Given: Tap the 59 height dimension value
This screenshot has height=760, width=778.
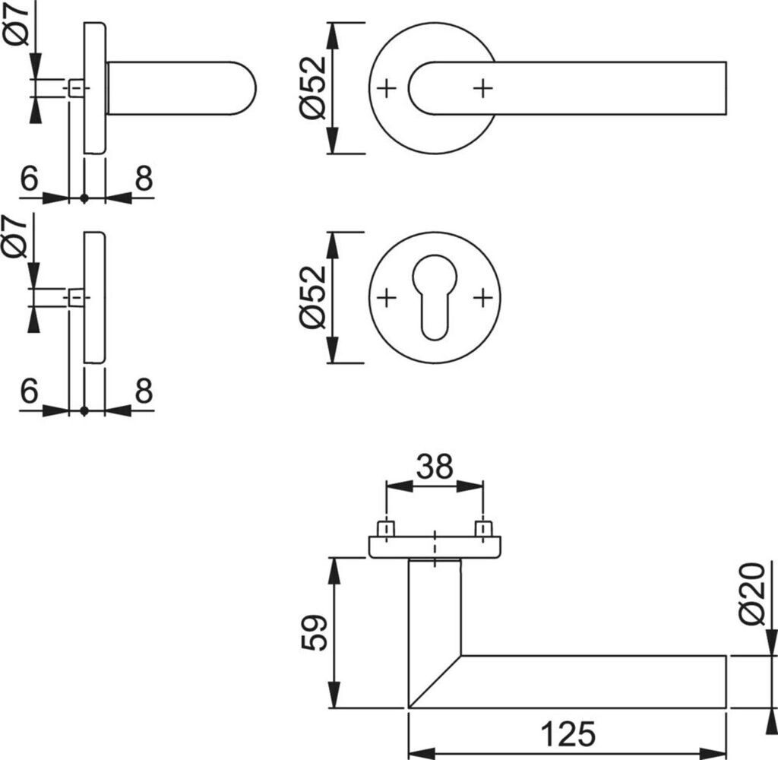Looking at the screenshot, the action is [314, 632].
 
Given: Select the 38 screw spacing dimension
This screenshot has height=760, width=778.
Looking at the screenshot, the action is [434, 466].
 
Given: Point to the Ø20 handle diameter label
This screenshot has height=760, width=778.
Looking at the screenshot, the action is [752, 594].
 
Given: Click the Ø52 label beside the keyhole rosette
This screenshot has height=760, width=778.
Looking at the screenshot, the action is [313, 297].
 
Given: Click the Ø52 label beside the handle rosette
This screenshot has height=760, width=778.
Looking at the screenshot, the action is [313, 88].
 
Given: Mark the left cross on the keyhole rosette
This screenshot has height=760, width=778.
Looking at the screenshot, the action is [387, 298].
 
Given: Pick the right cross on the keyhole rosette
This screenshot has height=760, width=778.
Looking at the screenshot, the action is [482, 298].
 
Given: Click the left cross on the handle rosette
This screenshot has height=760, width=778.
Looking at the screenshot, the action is [387, 89].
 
